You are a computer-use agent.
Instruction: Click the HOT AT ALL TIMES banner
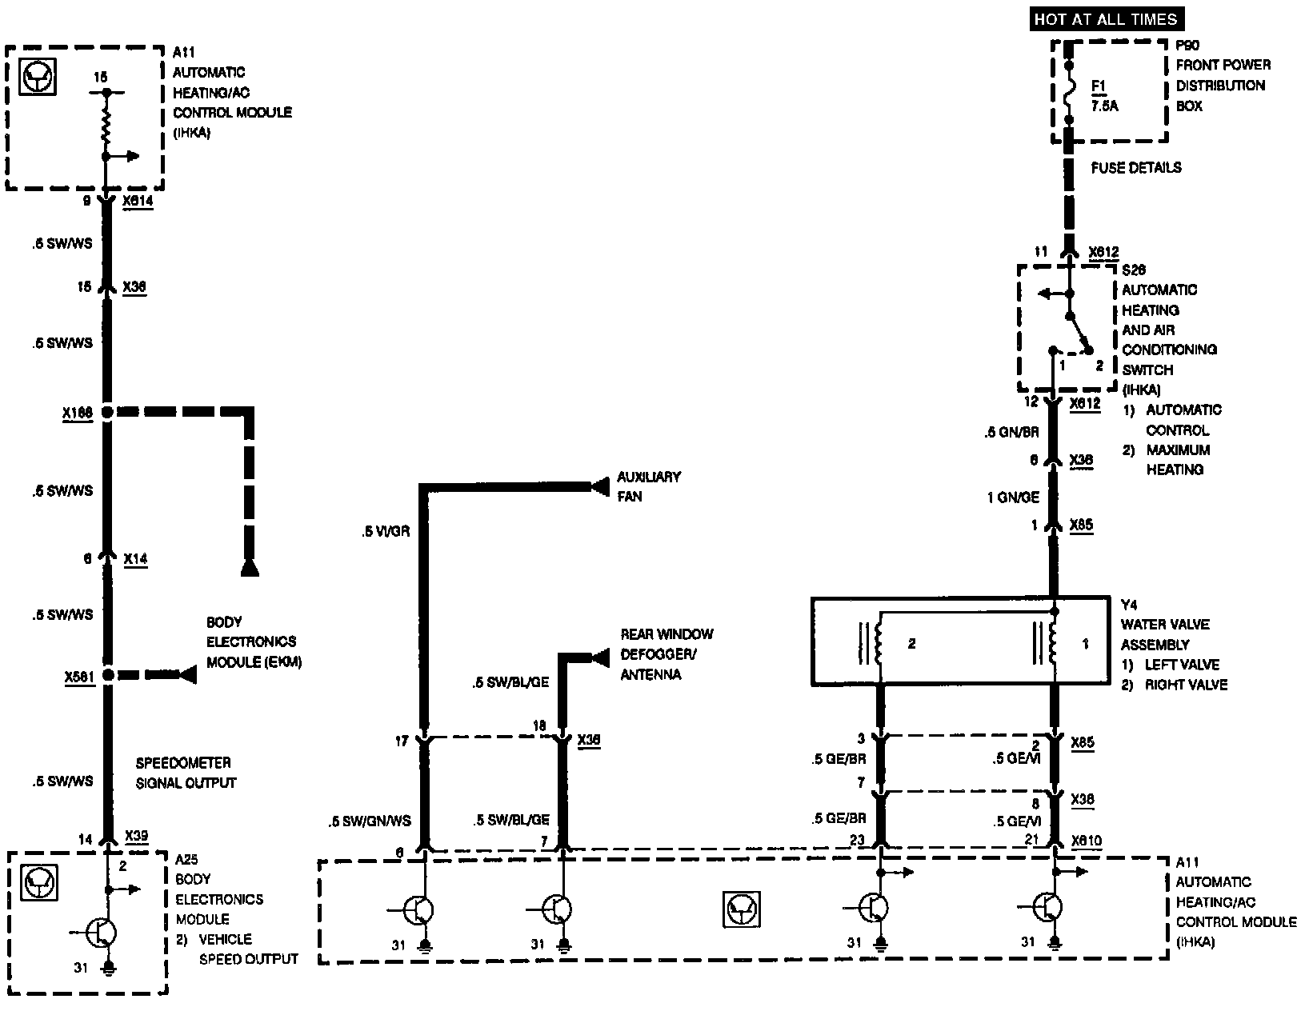point(1106,19)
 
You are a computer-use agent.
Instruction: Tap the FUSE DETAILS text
point(1135,168)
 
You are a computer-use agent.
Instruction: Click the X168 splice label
point(77,413)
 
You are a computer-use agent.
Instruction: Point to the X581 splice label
point(79,677)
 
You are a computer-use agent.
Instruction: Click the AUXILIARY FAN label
point(648,486)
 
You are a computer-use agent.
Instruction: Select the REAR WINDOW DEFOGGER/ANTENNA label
point(667,654)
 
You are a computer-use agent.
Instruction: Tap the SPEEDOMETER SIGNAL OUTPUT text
point(186,773)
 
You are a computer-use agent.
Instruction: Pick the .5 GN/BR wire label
point(1011,432)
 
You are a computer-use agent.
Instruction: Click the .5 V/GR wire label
point(385,530)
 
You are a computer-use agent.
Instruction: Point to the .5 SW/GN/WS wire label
point(369,821)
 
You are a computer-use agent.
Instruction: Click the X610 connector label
point(1086,841)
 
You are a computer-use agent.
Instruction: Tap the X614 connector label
point(138,202)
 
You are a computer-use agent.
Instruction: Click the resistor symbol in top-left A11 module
point(105,125)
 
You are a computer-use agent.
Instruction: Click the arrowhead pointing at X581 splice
point(187,675)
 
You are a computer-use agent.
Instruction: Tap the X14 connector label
point(135,559)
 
